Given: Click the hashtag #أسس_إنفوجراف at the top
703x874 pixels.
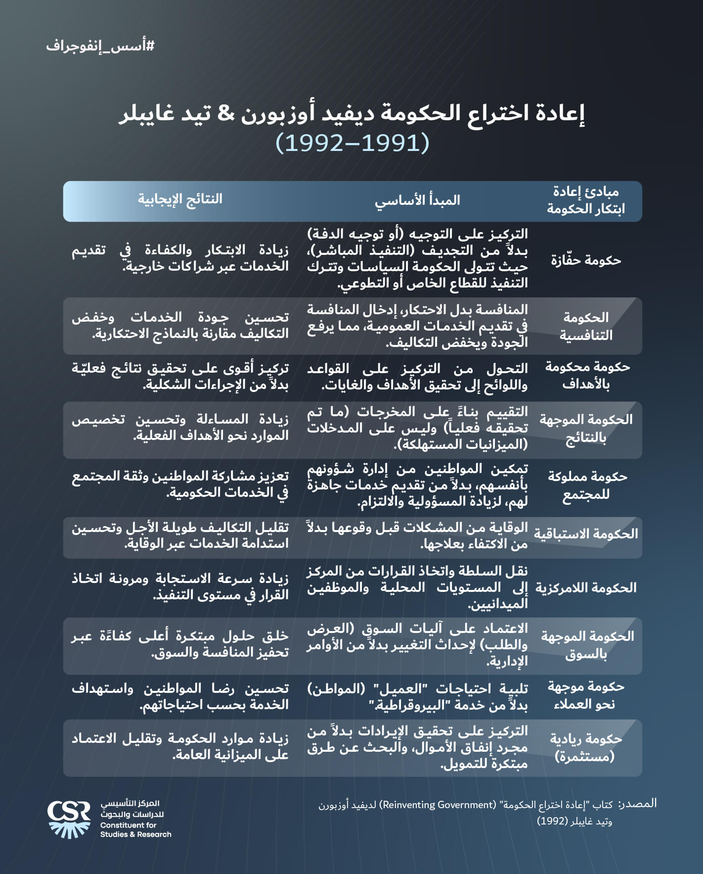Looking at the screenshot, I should click(100, 46).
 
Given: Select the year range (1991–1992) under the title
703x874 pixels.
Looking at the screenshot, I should click(352, 143).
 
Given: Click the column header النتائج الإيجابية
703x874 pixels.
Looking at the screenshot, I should click(180, 199).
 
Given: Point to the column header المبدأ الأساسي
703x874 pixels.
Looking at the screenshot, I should click(417, 200).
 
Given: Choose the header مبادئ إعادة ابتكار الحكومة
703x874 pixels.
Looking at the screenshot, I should click(585, 200).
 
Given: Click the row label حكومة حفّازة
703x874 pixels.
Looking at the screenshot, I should click(586, 260).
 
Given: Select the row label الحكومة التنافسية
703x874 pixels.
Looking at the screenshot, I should click(586, 326).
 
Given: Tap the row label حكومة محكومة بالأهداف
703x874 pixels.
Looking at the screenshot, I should click(587, 376).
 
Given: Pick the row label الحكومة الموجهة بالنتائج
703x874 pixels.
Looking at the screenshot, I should click(586, 429).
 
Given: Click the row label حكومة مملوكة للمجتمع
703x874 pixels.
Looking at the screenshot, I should click(587, 486).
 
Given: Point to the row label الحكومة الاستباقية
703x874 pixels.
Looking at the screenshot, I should click(586, 534).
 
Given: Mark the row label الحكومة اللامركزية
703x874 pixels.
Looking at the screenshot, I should click(586, 588).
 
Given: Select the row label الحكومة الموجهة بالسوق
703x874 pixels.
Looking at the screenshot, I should click(587, 645).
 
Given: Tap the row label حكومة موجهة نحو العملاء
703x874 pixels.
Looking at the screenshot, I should click(586, 695).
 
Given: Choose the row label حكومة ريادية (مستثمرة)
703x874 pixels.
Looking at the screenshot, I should click(586, 747).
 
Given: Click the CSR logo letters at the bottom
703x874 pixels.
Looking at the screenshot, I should click(69, 812).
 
